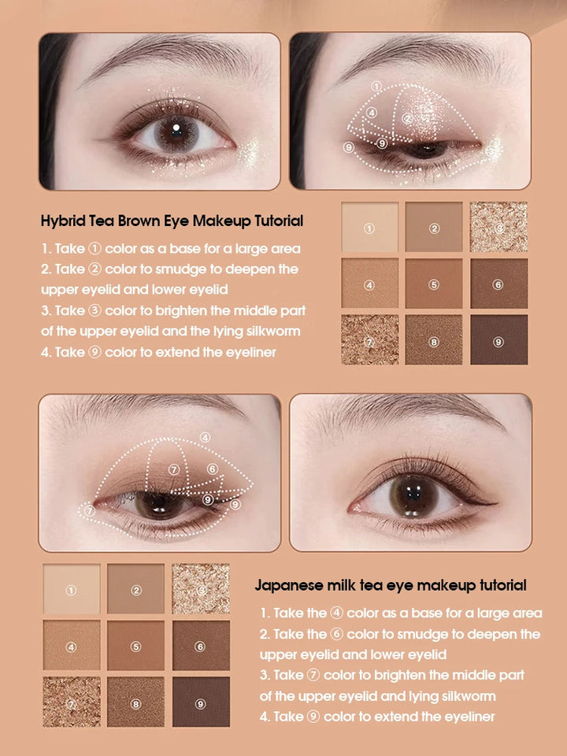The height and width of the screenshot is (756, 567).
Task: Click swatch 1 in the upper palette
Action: [x=369, y=228]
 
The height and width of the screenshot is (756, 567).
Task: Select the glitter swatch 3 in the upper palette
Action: [x=498, y=228]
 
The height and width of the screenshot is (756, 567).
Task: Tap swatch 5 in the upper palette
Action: [x=434, y=283]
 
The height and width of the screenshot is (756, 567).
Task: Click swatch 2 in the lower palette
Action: [x=136, y=589]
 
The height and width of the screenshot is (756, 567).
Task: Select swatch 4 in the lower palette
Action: [x=72, y=646]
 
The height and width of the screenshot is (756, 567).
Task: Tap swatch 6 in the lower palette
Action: [x=201, y=646]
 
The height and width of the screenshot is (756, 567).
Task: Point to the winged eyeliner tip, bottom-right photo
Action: [x=496, y=502]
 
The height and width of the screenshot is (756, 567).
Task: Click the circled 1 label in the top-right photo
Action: [x=376, y=87]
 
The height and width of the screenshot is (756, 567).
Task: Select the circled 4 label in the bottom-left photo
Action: [x=205, y=438]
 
